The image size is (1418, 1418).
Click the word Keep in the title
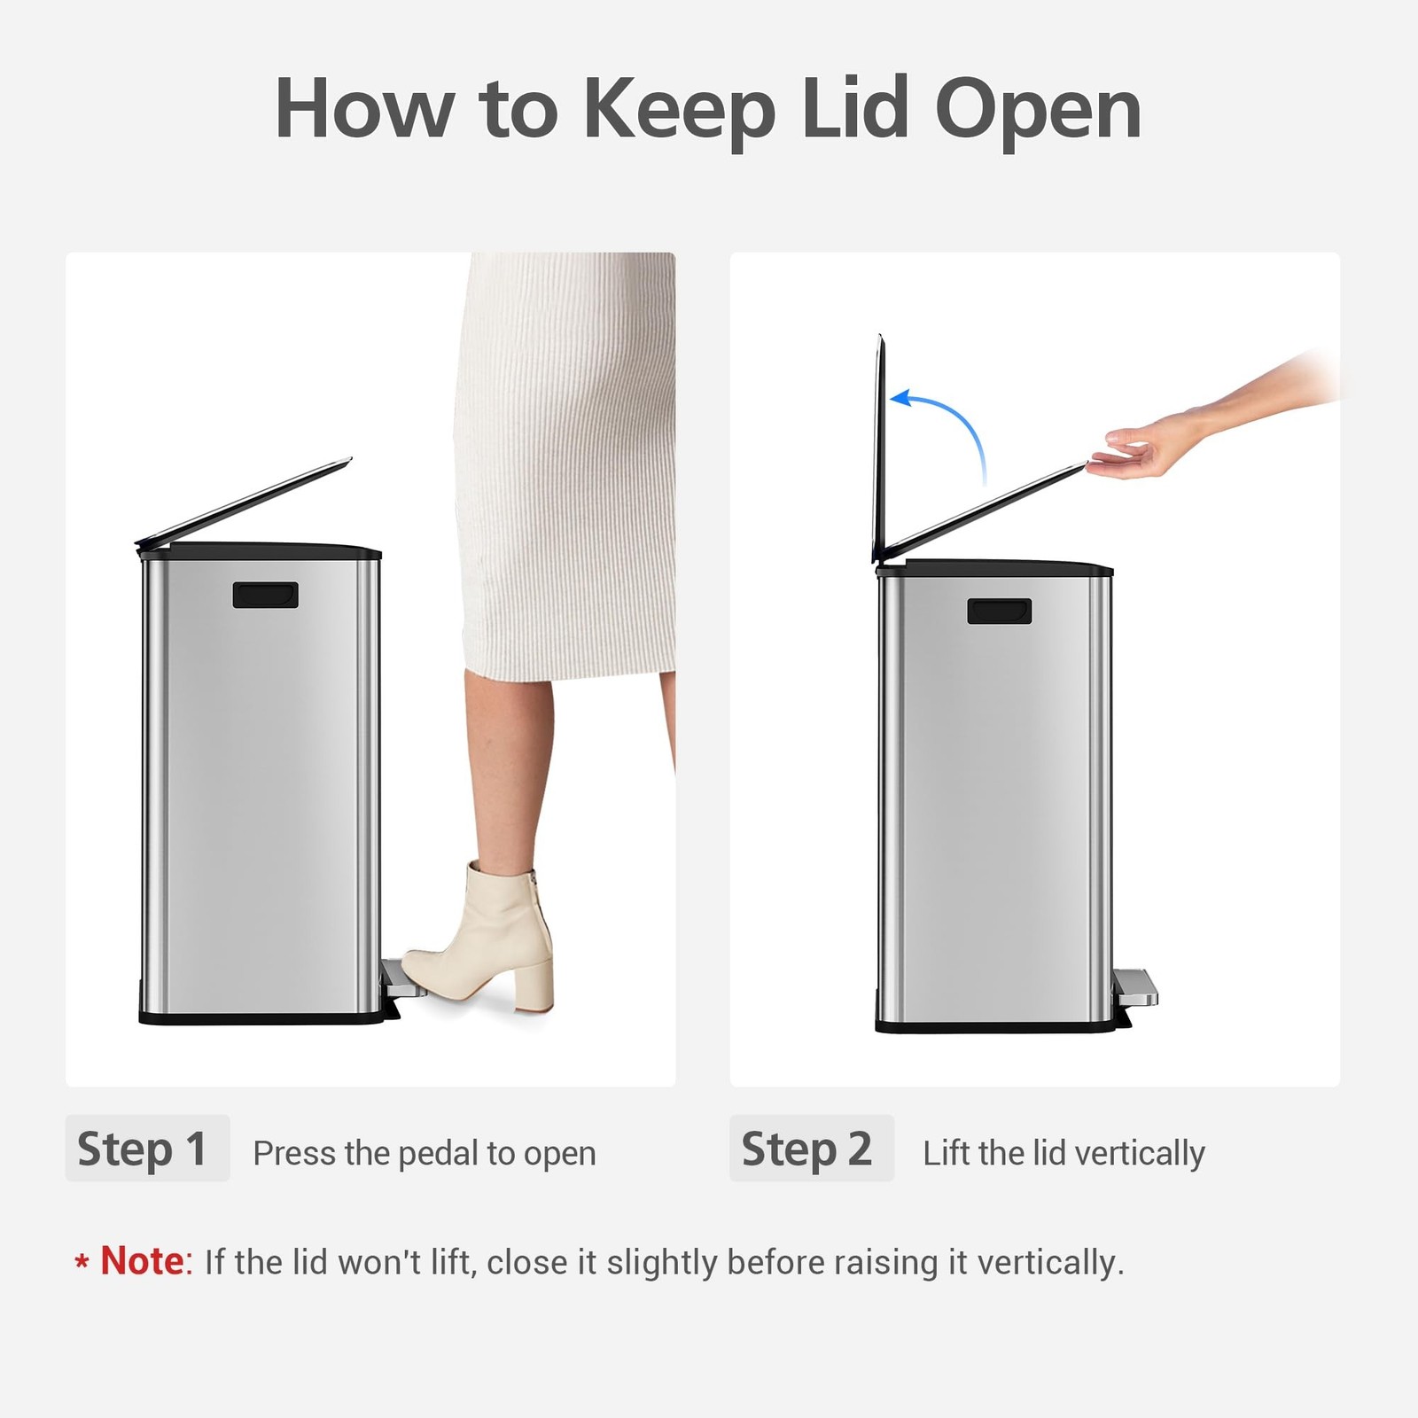point(679,110)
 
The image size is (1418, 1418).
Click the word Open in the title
point(1038,110)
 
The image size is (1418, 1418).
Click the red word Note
point(142,1260)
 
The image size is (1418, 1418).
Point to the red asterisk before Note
point(82,1262)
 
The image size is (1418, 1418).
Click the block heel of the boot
point(534,979)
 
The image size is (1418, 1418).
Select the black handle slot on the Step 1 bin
point(265,595)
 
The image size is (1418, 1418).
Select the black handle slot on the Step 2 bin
point(1000,611)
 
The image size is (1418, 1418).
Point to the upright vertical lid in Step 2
point(879,448)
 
